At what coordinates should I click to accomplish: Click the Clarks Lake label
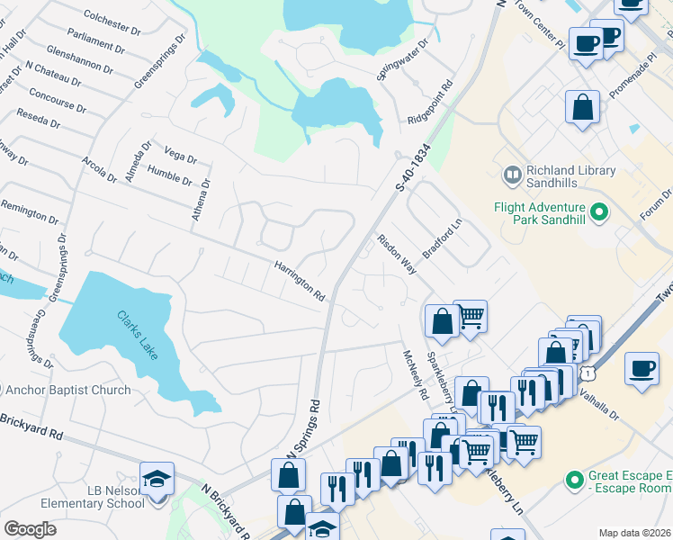pos(138,334)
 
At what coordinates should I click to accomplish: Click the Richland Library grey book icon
pos(512,175)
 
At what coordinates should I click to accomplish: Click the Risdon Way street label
pos(397,255)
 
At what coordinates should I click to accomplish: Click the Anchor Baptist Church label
pos(67,391)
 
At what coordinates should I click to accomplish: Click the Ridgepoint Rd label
pos(440,106)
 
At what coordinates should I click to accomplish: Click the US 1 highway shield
pos(588,372)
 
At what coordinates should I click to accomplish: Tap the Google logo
pos(30,529)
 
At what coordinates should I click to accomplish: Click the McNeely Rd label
pos(415,375)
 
